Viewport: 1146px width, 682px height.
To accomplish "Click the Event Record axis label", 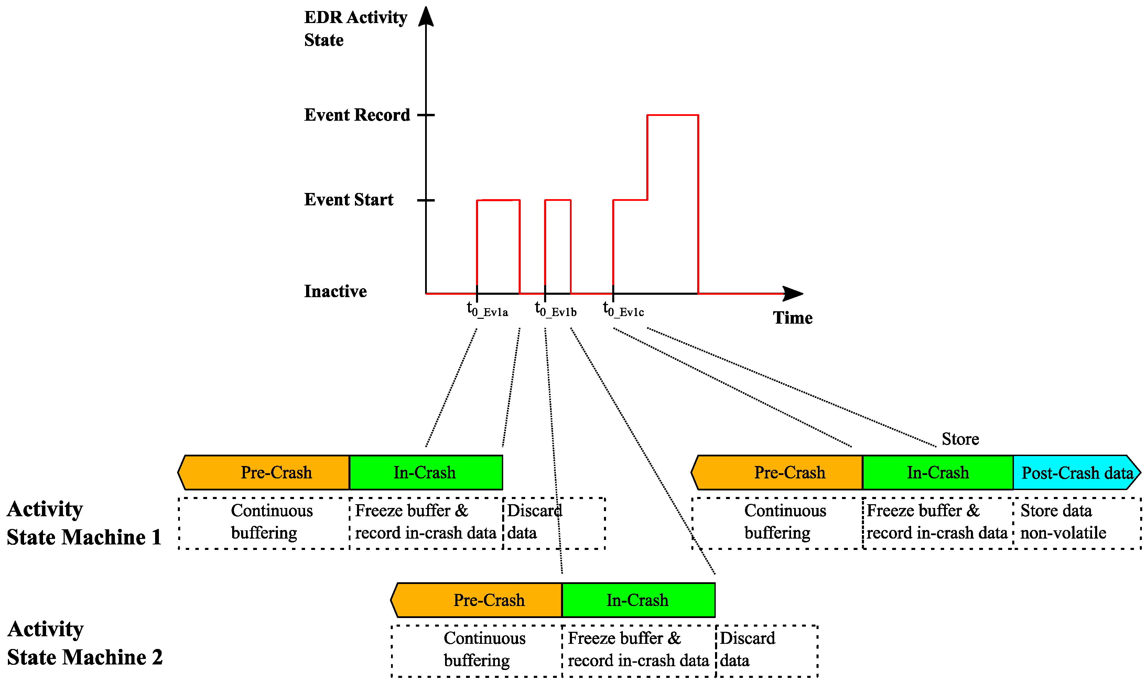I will (357, 115).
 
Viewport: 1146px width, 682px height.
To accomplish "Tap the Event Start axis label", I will (348, 200).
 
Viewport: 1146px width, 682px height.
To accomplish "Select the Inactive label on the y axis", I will (335, 291).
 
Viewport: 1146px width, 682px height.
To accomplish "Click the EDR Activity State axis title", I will (355, 29).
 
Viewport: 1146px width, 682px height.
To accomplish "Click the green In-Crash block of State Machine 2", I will (638, 600).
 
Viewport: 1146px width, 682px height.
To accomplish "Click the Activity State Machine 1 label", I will (84, 523).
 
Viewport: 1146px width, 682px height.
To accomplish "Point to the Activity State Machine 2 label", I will (85, 643).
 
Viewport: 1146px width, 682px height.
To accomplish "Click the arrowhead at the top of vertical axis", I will (426, 16).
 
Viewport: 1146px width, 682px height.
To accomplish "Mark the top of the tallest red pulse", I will (672, 115).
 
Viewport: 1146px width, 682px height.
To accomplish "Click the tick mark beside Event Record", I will (426, 115).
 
